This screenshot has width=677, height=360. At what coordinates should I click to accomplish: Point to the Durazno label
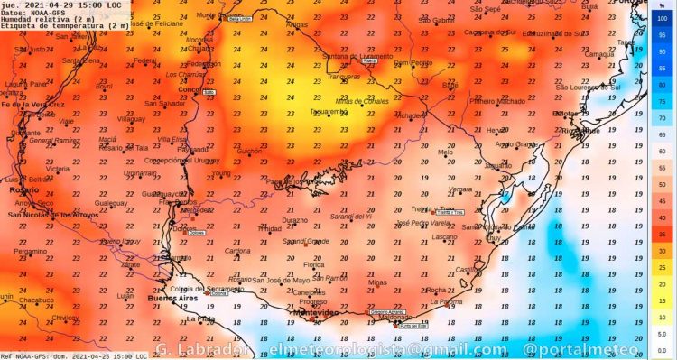click(x=293, y=220)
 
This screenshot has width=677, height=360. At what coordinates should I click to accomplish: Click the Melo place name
click(x=444, y=152)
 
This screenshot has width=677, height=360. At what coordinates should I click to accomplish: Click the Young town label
click(x=221, y=173)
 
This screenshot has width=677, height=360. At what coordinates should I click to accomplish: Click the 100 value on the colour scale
click(x=661, y=18)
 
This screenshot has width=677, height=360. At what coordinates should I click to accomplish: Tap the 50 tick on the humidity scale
click(x=661, y=184)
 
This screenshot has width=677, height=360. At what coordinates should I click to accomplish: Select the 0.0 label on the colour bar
click(x=661, y=350)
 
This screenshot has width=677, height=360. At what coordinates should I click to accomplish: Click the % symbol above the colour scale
click(x=661, y=5)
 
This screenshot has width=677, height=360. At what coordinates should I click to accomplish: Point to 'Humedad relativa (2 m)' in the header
click(x=42, y=19)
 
